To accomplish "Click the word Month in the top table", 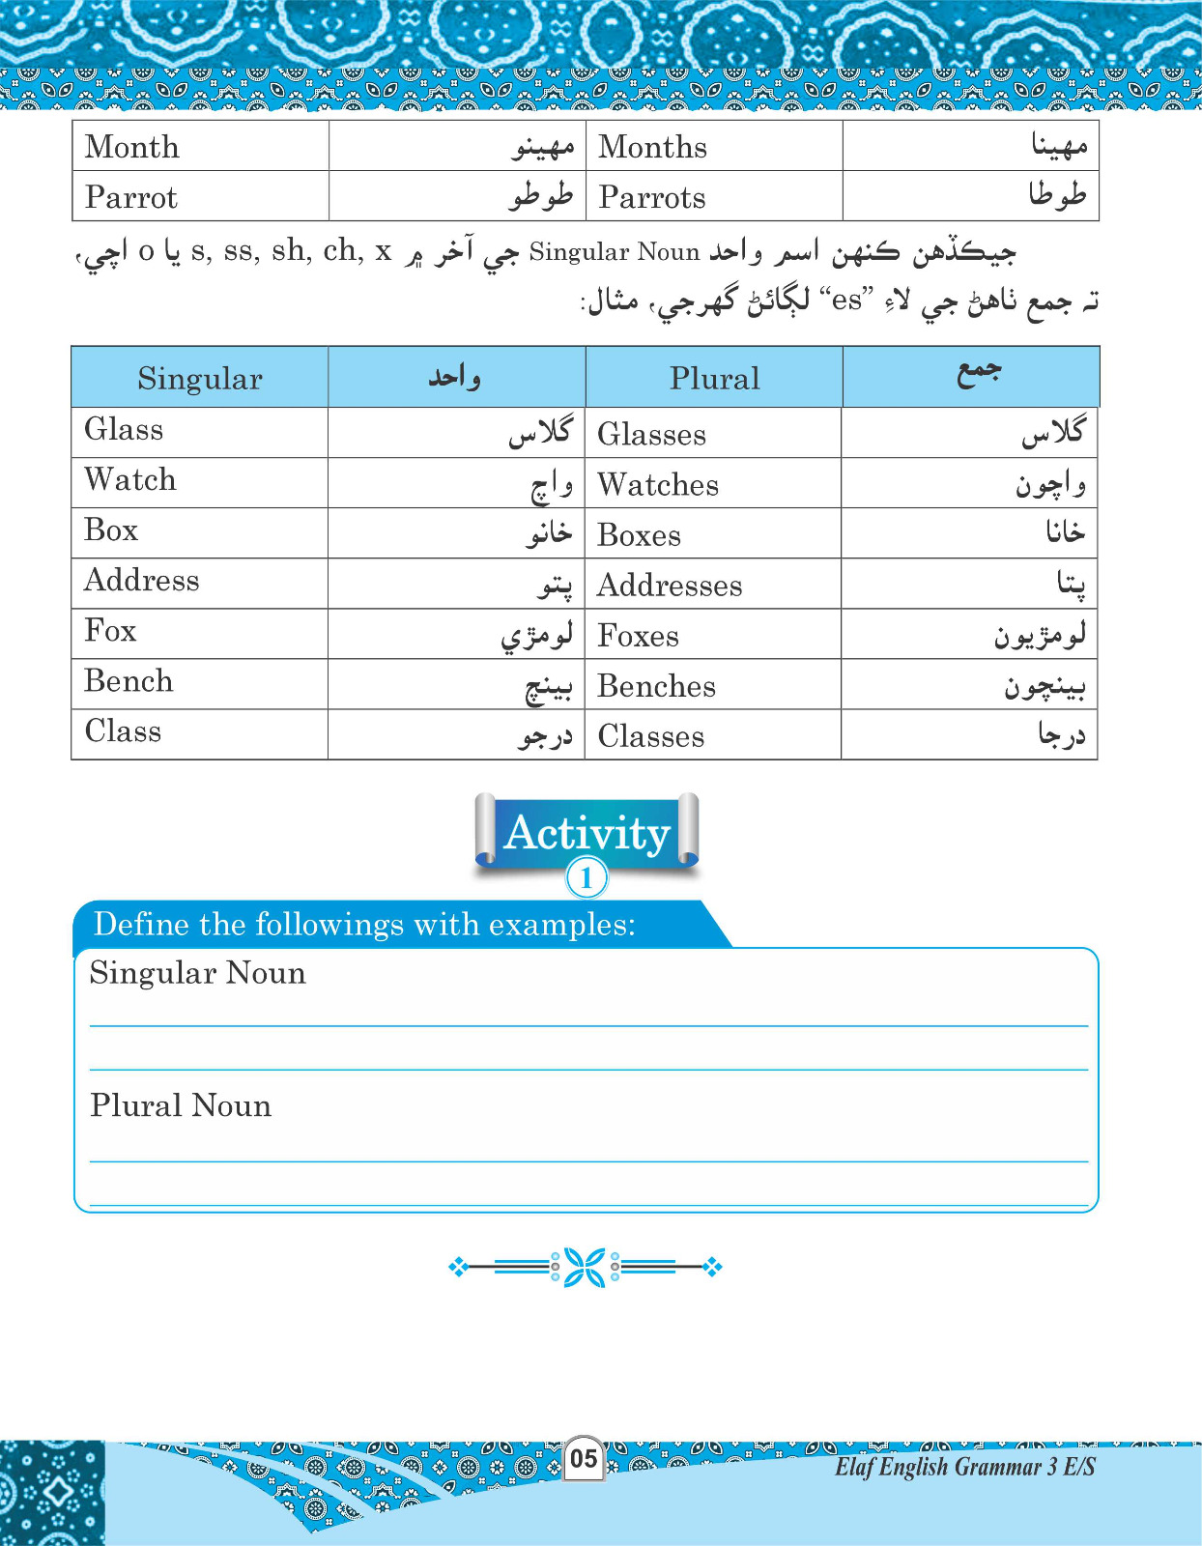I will pyautogui.click(x=132, y=147).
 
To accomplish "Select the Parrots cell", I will pyautogui.click(x=652, y=197).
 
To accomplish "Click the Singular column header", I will pyautogui.click(x=200, y=378).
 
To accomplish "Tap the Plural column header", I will pyautogui.click(x=715, y=378).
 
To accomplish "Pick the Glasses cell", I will pyautogui.click(x=652, y=435).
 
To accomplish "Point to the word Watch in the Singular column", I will pyautogui.click(x=130, y=479).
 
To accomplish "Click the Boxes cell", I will pyautogui.click(x=640, y=535).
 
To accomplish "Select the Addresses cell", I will pyautogui.click(x=670, y=586).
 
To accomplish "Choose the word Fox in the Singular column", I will pyautogui.click(x=110, y=630).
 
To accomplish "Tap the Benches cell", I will pyautogui.click(x=657, y=686).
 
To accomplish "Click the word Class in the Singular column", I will pyautogui.click(x=123, y=730).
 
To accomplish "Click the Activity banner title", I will pyautogui.click(x=587, y=832).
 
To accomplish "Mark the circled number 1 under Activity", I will pyautogui.click(x=587, y=878).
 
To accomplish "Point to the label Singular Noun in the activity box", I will pyautogui.click(x=198, y=973).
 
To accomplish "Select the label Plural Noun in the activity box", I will pyautogui.click(x=181, y=1105).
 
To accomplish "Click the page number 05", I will pyautogui.click(x=584, y=1458).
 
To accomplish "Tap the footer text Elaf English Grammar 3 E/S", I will pyautogui.click(x=964, y=1467).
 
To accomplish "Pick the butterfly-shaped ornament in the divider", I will pyautogui.click(x=585, y=1267).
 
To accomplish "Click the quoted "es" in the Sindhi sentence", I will pyautogui.click(x=846, y=301).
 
